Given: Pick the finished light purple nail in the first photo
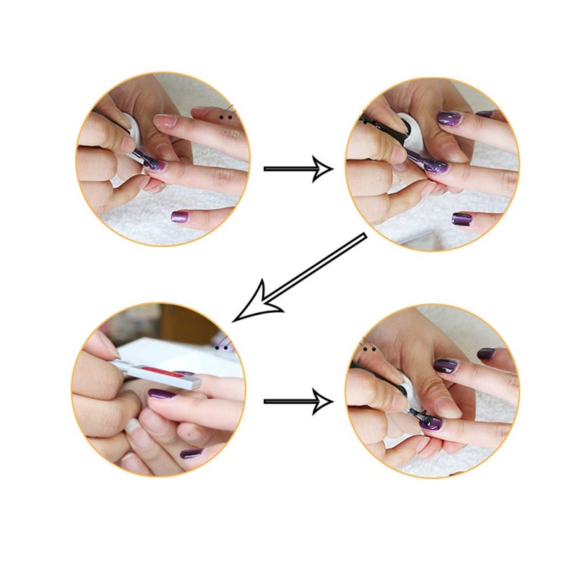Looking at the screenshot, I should pos(180,215).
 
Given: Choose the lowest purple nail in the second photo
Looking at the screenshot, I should pos(463,217).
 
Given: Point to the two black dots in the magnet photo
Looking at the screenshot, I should pos(226,347).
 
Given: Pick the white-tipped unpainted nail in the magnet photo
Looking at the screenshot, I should pos(134,425).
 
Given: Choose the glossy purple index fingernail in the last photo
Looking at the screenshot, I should pos(445,366).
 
